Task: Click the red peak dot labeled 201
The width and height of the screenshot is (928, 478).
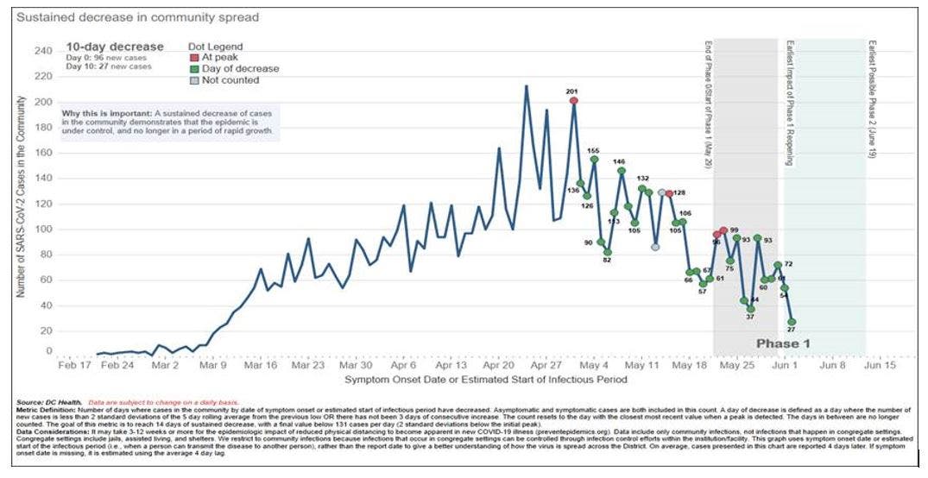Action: (573, 101)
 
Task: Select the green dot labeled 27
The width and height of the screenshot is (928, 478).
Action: (792, 322)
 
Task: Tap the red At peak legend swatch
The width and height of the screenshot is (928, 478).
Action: (194, 58)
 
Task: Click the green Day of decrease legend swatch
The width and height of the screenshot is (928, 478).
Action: (194, 69)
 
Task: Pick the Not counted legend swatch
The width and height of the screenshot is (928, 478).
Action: (194, 80)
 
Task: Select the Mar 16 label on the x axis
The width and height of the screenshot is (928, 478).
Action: (260, 366)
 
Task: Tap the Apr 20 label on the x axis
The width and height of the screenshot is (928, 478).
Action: (499, 366)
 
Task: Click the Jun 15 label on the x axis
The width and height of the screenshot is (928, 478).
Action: (880, 366)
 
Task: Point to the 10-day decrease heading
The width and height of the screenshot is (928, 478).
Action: (115, 47)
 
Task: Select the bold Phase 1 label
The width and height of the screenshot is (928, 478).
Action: (784, 343)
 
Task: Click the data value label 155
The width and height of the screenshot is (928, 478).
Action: (593, 151)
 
